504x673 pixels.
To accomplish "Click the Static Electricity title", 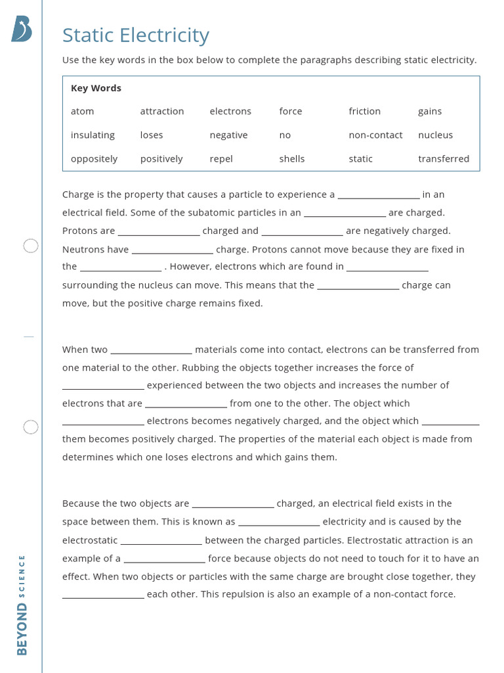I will point(135,35).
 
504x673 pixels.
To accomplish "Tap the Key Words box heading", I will point(96,88).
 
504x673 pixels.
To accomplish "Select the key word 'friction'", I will point(364,111).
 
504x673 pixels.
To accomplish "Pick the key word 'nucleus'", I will point(435,135).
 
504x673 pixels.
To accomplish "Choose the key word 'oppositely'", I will point(94,158).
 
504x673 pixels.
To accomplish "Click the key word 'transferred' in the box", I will point(444,158).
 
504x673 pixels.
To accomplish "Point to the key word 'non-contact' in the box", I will point(375,135).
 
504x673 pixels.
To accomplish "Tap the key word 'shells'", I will point(291,158).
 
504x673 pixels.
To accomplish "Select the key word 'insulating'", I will point(93,135).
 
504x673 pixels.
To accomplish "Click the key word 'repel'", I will point(221,158).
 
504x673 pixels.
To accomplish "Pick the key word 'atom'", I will point(82,111).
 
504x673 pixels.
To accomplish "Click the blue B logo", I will point(22,30).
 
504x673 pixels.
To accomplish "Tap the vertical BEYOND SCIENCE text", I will point(22,604).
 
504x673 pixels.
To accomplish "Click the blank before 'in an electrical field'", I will point(379,195).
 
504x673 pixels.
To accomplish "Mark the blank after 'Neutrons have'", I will point(173,250).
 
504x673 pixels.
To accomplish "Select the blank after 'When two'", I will point(151,350).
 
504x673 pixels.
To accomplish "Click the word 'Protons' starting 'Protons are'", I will point(79,231).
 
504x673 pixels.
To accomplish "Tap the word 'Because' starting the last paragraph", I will point(81,503).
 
